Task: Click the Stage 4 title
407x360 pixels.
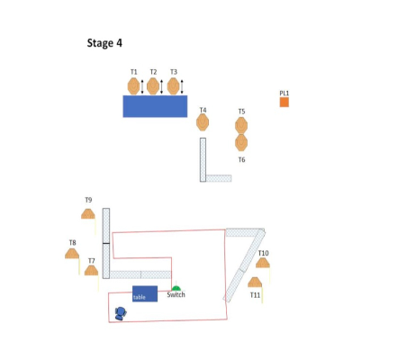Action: [x=104, y=43]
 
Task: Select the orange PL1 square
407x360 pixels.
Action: [x=285, y=102]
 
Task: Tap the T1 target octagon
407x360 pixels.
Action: [x=133, y=86]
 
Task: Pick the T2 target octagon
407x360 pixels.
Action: [x=153, y=86]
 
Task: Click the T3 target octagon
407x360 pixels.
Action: [x=173, y=86]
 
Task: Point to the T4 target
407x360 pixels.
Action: [x=203, y=122]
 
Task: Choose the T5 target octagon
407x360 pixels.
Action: [x=241, y=125]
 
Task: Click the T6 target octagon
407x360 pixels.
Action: [x=241, y=142]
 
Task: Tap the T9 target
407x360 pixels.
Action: [x=88, y=214]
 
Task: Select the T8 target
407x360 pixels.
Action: [x=72, y=254]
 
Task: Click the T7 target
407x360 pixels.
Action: [x=91, y=270]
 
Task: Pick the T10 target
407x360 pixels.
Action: [x=263, y=263]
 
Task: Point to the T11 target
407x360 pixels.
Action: [x=255, y=283]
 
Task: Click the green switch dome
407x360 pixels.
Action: [x=176, y=289]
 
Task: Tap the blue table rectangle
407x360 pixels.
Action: [x=145, y=293]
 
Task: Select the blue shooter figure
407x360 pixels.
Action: [x=121, y=313]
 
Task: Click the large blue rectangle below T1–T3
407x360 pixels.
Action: [x=155, y=106]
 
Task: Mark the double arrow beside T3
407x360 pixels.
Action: [x=182, y=87]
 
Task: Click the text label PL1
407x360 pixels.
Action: [x=285, y=94]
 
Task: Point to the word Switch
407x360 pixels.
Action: [x=176, y=294]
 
